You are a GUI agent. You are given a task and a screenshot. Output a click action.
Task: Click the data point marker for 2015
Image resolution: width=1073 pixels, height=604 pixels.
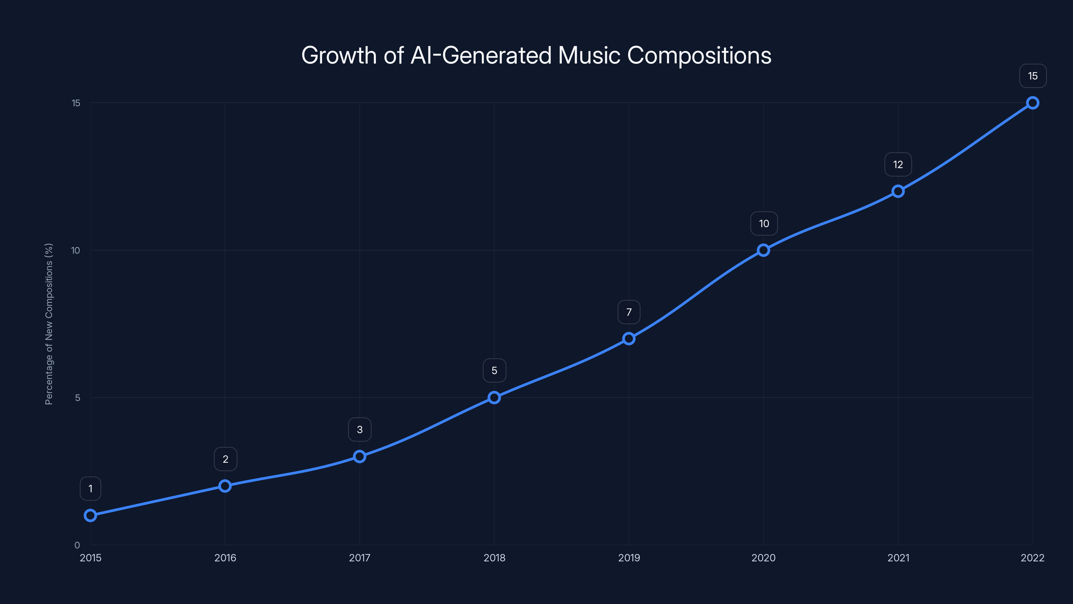click(x=91, y=516)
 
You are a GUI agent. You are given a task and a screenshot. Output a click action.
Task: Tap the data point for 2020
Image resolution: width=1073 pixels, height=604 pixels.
click(x=764, y=250)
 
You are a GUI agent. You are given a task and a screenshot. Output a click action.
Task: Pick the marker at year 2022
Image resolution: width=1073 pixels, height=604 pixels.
click(x=1033, y=103)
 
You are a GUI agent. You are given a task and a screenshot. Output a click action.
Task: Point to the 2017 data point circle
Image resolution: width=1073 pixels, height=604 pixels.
click(x=359, y=456)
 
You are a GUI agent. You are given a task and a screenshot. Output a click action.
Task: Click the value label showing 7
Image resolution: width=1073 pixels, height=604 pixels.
click(x=629, y=312)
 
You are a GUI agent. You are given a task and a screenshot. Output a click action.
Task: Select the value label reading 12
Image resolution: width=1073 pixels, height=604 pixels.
click(x=898, y=165)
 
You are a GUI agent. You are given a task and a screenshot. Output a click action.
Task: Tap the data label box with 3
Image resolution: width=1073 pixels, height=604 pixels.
click(x=359, y=430)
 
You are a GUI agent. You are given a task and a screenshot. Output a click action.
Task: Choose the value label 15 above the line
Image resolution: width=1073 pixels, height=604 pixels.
click(x=1033, y=76)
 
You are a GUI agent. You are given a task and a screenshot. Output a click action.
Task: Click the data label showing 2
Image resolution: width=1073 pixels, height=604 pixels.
click(x=225, y=459)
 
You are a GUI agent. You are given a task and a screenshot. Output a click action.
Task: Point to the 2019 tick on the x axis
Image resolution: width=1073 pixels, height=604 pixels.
click(x=629, y=558)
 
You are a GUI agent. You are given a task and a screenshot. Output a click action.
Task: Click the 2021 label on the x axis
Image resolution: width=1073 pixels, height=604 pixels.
click(x=898, y=558)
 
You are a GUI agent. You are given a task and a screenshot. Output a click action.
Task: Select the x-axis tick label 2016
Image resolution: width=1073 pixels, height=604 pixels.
click(x=225, y=558)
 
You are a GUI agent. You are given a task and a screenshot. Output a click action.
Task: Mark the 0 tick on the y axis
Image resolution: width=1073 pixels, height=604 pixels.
click(x=77, y=545)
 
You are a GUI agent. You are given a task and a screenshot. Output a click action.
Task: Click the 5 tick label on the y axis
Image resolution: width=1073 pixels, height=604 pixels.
click(x=77, y=398)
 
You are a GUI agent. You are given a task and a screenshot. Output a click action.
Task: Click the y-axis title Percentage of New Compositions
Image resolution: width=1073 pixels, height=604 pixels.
click(x=49, y=324)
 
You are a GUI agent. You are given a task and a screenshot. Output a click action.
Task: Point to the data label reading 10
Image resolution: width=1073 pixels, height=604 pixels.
click(x=764, y=223)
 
